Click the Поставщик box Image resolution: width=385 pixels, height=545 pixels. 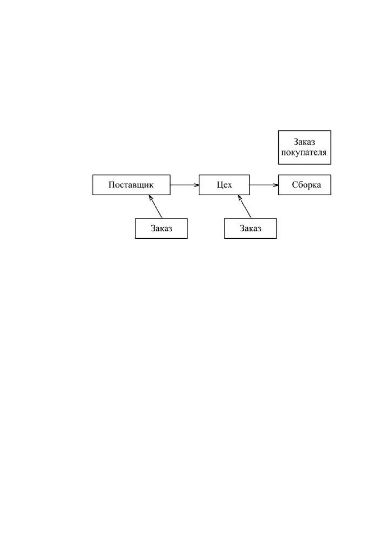131,185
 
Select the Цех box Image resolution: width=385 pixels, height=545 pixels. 224,185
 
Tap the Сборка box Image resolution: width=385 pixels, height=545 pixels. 304,185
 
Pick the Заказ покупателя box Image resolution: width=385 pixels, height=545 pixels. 304,148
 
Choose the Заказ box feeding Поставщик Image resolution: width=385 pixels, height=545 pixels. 161,228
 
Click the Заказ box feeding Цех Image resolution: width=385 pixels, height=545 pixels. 250,228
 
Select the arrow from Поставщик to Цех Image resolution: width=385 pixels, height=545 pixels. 185,185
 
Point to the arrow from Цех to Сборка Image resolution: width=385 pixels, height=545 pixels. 264,185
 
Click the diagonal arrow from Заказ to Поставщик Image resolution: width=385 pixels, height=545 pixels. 155,206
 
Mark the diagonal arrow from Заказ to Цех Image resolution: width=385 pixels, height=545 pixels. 244,206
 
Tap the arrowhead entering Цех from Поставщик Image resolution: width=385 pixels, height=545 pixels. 197,185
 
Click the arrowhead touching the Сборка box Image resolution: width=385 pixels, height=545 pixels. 276,185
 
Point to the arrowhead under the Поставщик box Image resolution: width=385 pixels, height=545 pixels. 151,197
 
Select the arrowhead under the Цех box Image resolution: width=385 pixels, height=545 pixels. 240,197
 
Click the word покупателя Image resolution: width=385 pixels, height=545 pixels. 304,153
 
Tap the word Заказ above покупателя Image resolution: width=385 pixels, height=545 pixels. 304,142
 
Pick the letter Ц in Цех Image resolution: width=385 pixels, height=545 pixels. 219,185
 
